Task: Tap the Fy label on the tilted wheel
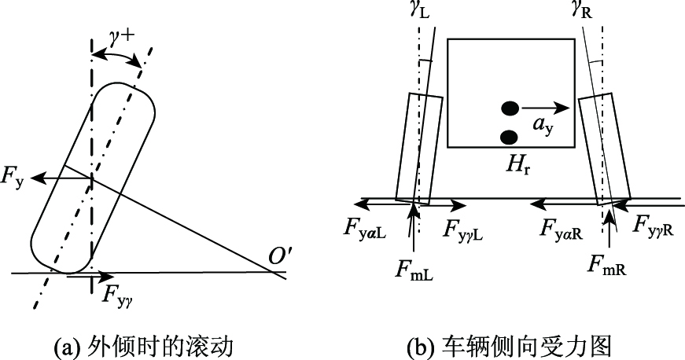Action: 15,178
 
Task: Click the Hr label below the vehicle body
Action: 521,165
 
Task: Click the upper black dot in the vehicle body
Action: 510,108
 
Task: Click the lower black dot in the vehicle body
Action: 509,138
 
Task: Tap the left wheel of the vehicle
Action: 418,149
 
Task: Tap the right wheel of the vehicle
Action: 606,149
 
